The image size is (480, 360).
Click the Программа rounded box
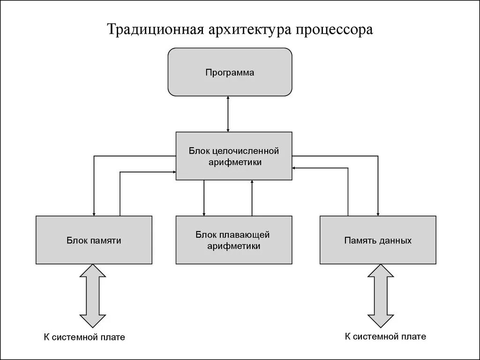230,72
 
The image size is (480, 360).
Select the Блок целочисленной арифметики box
233,156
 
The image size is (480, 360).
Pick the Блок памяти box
94,240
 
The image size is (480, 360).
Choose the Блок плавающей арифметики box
233,240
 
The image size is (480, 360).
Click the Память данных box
378,240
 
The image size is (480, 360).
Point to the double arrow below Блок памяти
93,295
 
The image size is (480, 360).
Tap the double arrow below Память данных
381,295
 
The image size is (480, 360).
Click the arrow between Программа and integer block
228,114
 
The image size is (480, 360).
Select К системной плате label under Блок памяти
84,337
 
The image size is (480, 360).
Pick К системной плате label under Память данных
385,336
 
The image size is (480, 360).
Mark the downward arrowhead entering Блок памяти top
94,213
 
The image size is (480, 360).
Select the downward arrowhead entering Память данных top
378,213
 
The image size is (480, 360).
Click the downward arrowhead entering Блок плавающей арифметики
204,213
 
